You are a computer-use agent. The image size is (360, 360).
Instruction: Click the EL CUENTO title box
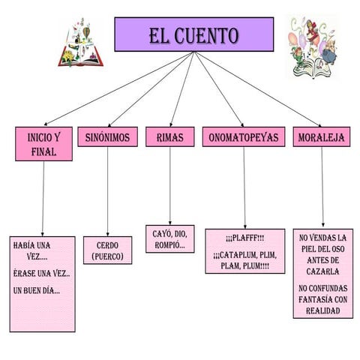point(193,34)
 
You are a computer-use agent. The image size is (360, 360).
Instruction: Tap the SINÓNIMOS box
point(107,137)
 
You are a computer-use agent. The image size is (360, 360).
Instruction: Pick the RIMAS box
point(169,137)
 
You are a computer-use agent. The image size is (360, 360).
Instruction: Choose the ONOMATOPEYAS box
point(243,137)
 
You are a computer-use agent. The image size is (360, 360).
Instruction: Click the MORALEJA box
point(321,137)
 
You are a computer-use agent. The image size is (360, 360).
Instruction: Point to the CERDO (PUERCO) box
point(107,250)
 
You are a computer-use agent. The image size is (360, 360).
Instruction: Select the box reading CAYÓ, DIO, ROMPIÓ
point(169,239)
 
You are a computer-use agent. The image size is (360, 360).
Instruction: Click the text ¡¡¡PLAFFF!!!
point(244,238)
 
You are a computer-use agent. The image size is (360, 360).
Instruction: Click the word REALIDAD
point(322,310)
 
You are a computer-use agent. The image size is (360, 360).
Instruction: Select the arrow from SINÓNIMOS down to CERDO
point(107,191)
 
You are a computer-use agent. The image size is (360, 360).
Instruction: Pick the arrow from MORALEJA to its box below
point(322,187)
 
